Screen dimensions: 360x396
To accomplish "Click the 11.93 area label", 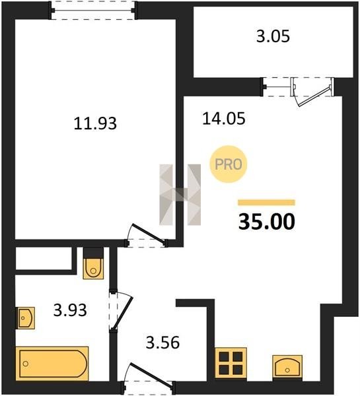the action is tap(95, 124).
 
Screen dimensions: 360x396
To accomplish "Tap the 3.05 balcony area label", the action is tap(273, 36).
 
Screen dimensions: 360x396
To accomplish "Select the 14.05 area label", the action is tap(224, 118).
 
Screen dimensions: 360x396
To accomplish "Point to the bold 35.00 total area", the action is tap(267, 222).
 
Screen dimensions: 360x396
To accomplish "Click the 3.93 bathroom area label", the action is tap(70, 310).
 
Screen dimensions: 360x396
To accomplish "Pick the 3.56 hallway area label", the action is tap(162, 343).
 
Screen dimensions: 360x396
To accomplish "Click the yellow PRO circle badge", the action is tap(229, 164).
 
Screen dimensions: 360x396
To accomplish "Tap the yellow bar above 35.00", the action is tap(266, 203).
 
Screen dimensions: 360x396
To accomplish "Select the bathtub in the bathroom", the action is tap(52, 364).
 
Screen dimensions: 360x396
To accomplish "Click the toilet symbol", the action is tap(93, 268).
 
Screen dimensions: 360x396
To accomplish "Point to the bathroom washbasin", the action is tap(25, 318).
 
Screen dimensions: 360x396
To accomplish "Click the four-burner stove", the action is tap(231, 363).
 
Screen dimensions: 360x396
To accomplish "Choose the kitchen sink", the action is tap(287, 366).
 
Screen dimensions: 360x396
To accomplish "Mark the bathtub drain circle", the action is tap(25, 364).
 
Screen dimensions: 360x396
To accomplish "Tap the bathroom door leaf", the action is tap(122, 313).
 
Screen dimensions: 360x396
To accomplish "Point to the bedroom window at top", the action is tap(93, 10).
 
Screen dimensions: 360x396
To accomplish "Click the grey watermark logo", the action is tap(180, 195).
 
